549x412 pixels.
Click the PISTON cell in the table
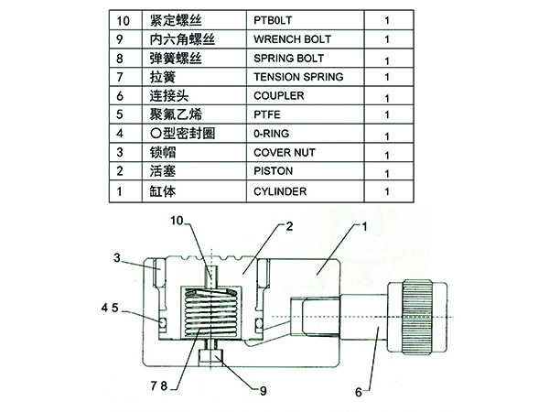(x=274, y=170)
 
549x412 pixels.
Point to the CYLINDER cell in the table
(x=279, y=190)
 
